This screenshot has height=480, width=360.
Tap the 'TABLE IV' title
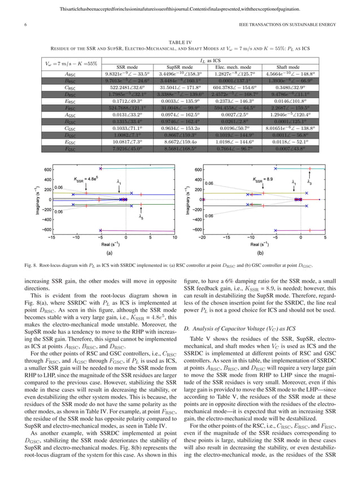pos(179,41)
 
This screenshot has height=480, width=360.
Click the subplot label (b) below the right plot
pos(264,253)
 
